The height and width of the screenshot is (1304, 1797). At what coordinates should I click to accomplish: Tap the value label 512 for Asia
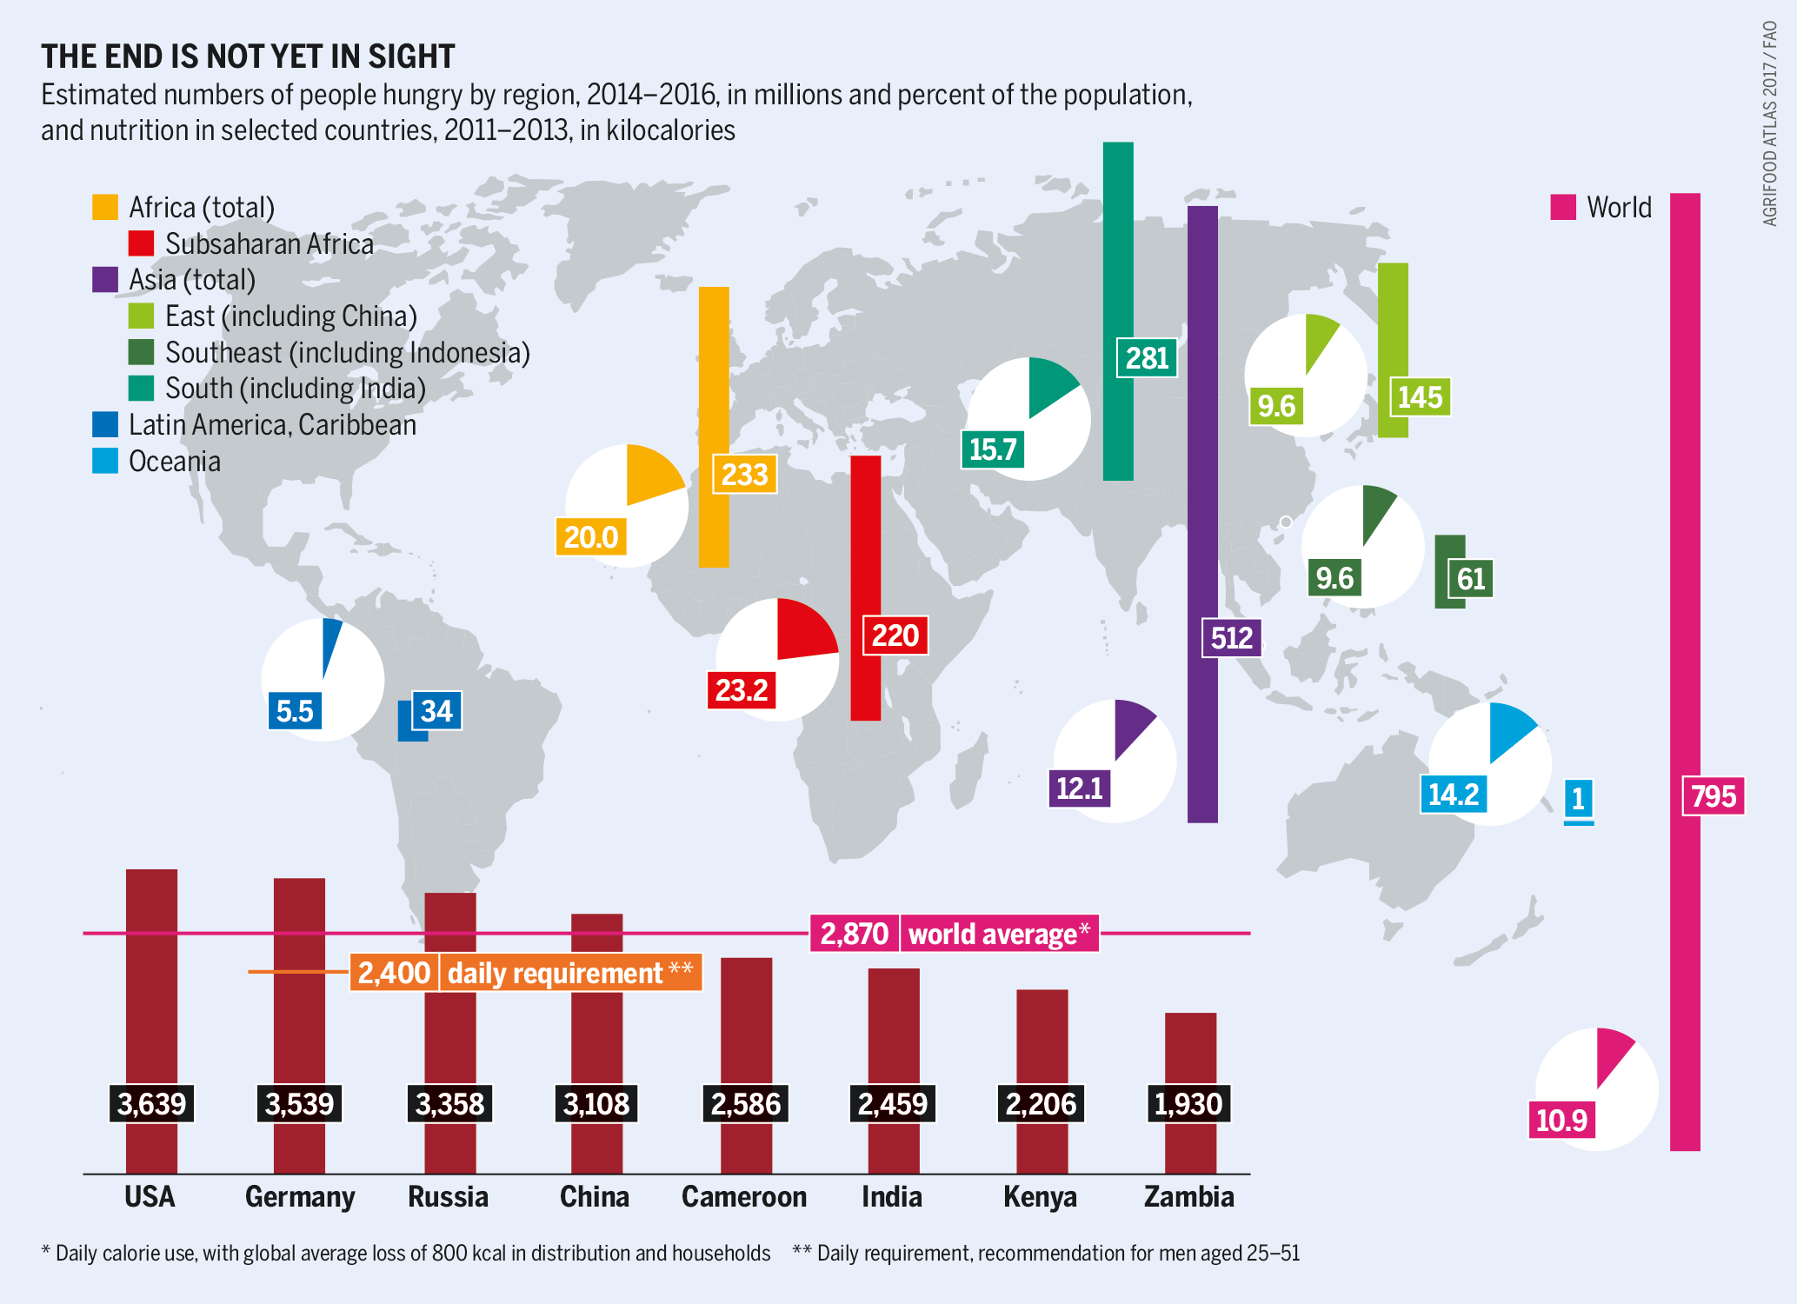[1231, 638]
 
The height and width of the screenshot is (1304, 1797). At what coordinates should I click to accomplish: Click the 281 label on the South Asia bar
[1147, 358]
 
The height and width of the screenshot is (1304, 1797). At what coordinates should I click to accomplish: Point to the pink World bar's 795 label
[1713, 796]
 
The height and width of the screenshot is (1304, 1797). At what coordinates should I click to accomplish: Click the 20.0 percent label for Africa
[590, 537]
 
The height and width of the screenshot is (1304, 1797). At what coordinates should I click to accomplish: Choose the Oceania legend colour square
[105, 461]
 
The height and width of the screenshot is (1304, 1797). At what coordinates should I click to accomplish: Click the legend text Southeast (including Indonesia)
[347, 352]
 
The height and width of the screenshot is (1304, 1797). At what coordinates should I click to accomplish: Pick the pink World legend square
[1562, 207]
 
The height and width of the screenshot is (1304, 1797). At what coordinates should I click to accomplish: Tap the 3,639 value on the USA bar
[151, 1104]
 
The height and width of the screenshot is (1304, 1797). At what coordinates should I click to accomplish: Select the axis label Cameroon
[744, 1197]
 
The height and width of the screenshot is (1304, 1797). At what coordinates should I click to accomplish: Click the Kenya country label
[1040, 1197]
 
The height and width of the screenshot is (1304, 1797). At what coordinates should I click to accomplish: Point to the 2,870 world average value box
[854, 935]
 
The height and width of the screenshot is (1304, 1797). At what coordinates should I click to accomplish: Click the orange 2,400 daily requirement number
[394, 973]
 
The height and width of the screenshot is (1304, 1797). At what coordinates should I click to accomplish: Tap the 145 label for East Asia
[1420, 398]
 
